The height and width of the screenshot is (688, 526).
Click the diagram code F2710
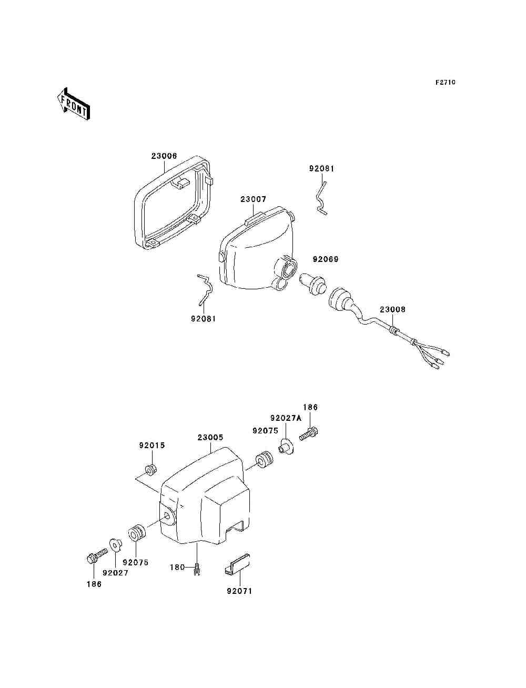(x=445, y=83)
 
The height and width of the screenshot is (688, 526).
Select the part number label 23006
(x=164, y=156)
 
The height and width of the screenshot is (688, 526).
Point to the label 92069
(x=326, y=259)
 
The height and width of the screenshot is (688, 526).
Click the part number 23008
(x=392, y=310)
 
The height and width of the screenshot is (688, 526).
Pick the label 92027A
(x=286, y=418)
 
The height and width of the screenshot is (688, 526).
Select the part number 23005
(x=210, y=437)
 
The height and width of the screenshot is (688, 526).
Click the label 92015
(x=152, y=446)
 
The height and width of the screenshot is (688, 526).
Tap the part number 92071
(x=239, y=591)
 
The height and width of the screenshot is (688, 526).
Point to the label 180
(x=177, y=567)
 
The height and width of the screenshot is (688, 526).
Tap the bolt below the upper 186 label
(x=310, y=434)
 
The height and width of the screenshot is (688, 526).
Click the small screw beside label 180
(x=197, y=570)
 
